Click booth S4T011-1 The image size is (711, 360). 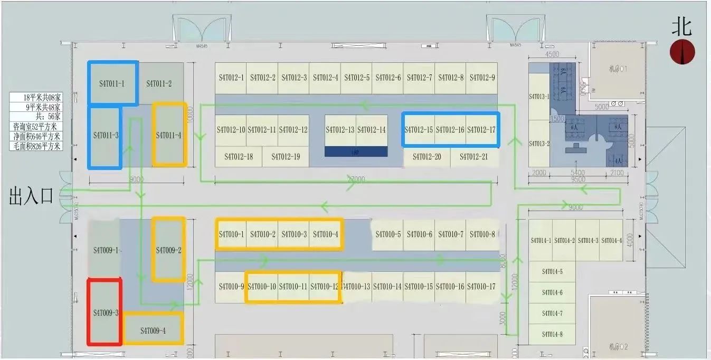coord(113,83)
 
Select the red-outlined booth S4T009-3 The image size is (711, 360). coord(105,312)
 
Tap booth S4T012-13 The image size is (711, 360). coord(340,130)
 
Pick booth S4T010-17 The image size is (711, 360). coord(481,287)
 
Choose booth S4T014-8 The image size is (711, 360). coord(552,334)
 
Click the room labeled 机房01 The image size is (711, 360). coord(617,69)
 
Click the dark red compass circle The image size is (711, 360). coord(682,52)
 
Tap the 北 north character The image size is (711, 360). coord(681,26)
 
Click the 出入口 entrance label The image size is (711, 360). coord(31,197)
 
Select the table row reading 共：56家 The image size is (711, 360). coord(36,117)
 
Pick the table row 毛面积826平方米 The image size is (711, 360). coord(36,146)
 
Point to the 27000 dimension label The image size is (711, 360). coord(356,180)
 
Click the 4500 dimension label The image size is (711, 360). coord(552,55)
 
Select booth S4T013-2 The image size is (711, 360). coord(539,144)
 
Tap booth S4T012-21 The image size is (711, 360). coord(473,157)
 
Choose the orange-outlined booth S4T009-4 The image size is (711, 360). coord(153,330)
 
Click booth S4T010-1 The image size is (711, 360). coord(231,234)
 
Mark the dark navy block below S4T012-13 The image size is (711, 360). coord(356,151)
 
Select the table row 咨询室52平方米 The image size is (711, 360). coord(36,127)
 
